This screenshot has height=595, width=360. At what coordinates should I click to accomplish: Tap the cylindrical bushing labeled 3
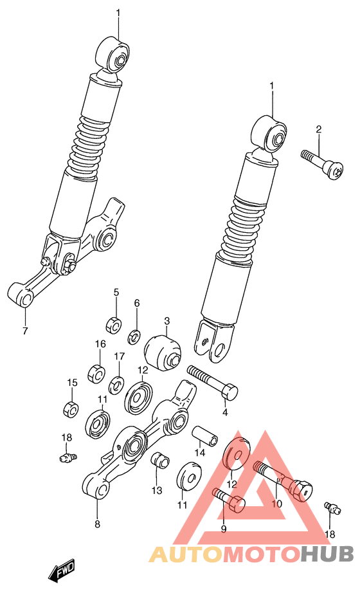[x=163, y=351]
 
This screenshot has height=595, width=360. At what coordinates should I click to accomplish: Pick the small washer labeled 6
[x=135, y=334]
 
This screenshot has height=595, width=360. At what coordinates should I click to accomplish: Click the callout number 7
[x=25, y=331]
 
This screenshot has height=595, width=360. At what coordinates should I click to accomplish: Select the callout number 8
[x=97, y=524]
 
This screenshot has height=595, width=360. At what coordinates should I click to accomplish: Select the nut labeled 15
[x=71, y=408]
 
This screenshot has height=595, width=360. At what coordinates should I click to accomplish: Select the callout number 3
[x=166, y=321]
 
